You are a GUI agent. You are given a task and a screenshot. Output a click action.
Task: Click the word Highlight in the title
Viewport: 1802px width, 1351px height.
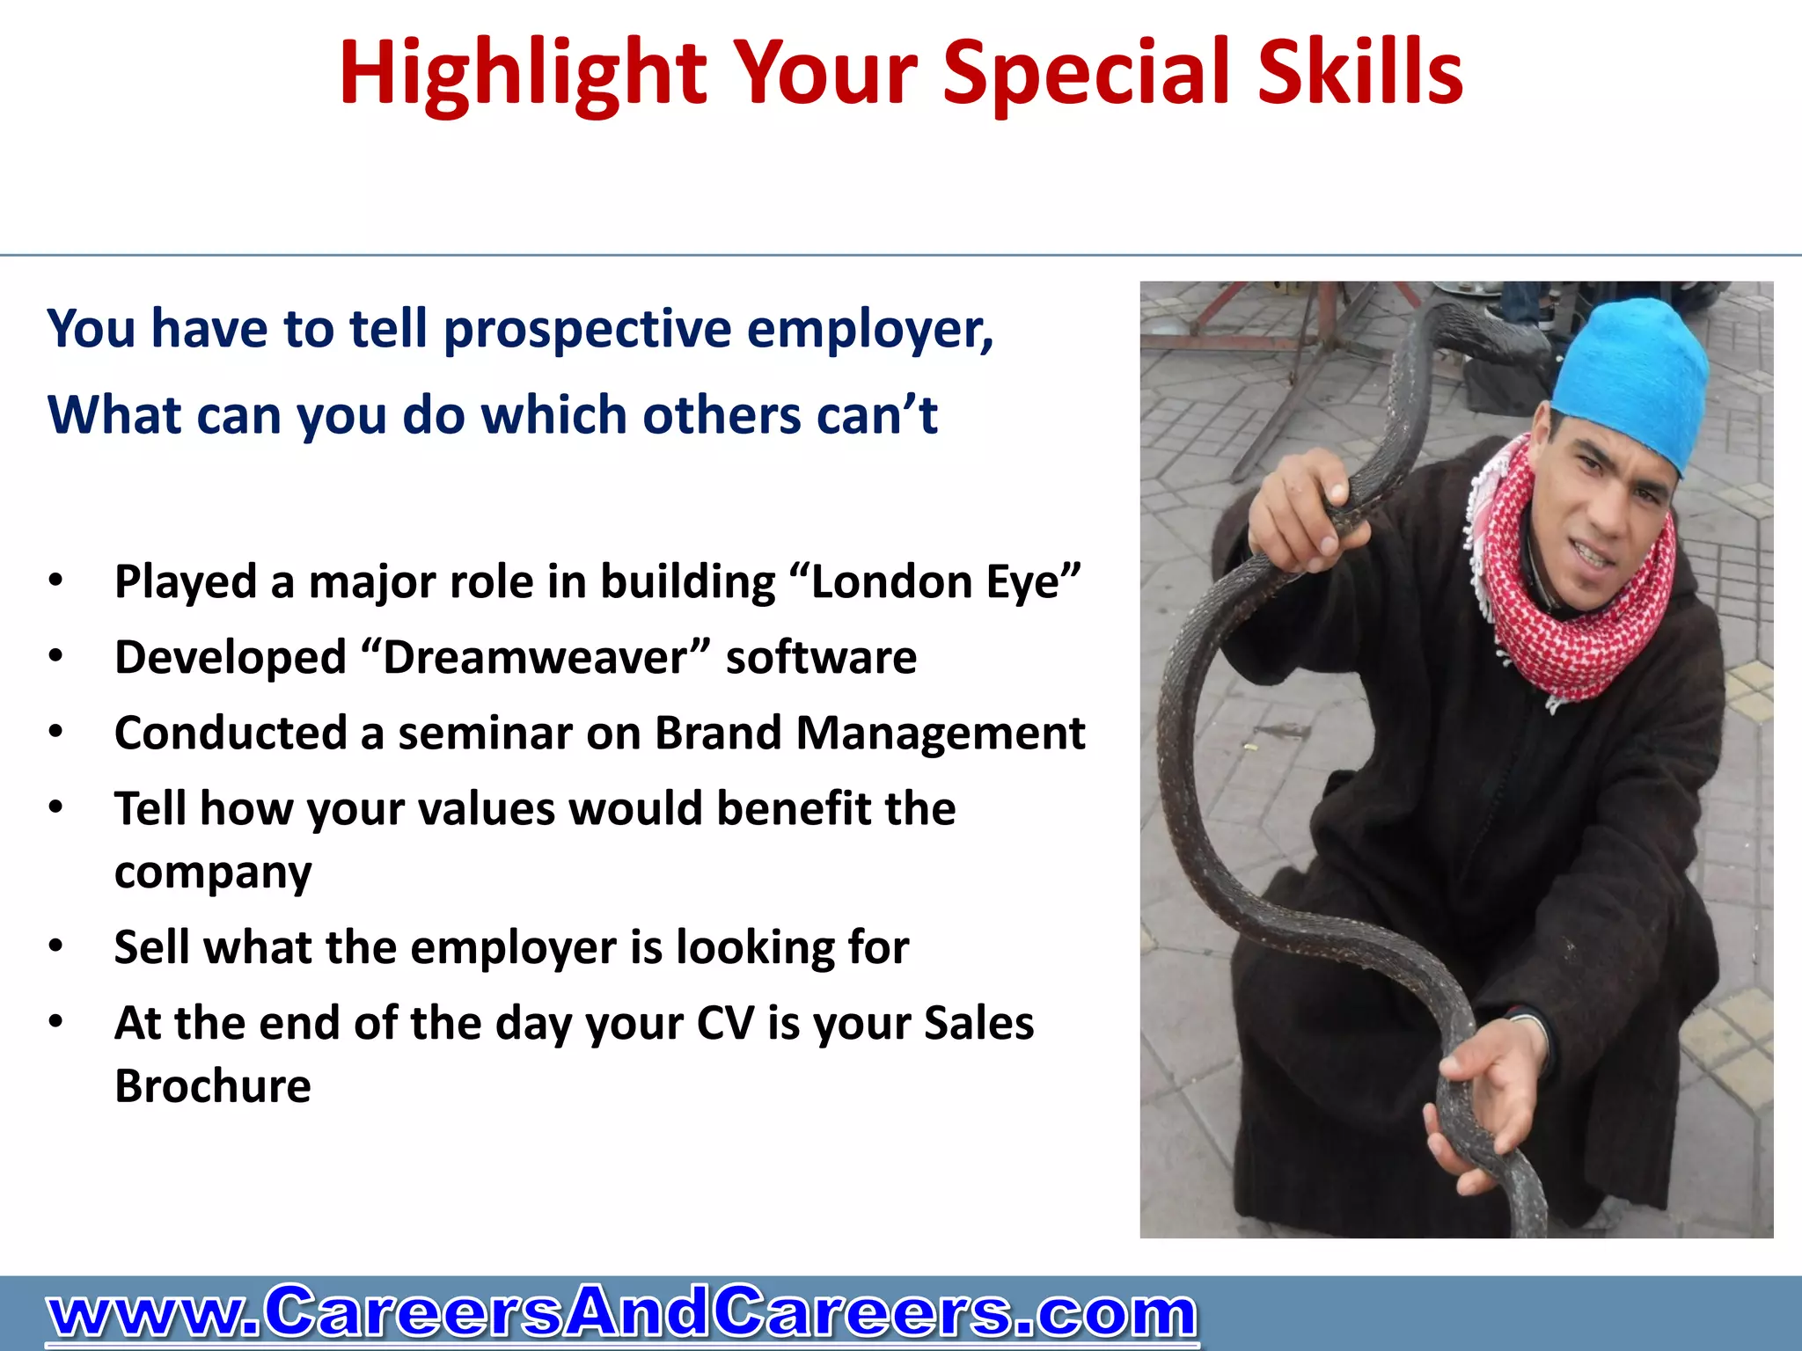[x=523, y=75]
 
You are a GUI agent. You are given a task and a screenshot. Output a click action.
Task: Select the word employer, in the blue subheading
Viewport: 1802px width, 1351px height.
[x=869, y=329]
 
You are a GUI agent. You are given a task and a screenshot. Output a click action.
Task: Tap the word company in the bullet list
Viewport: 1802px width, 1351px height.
[x=213, y=873]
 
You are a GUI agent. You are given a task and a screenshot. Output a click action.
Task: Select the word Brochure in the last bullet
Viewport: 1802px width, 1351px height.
[x=213, y=1086]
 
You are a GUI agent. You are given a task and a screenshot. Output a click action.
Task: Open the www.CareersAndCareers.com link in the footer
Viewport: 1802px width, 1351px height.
[x=621, y=1313]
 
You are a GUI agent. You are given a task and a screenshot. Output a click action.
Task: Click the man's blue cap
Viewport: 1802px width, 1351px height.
[x=1632, y=378]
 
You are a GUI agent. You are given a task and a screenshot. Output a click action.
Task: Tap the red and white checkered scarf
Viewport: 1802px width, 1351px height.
[x=1575, y=607]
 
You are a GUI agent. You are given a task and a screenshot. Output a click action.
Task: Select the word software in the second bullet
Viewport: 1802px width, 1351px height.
[x=821, y=658]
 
